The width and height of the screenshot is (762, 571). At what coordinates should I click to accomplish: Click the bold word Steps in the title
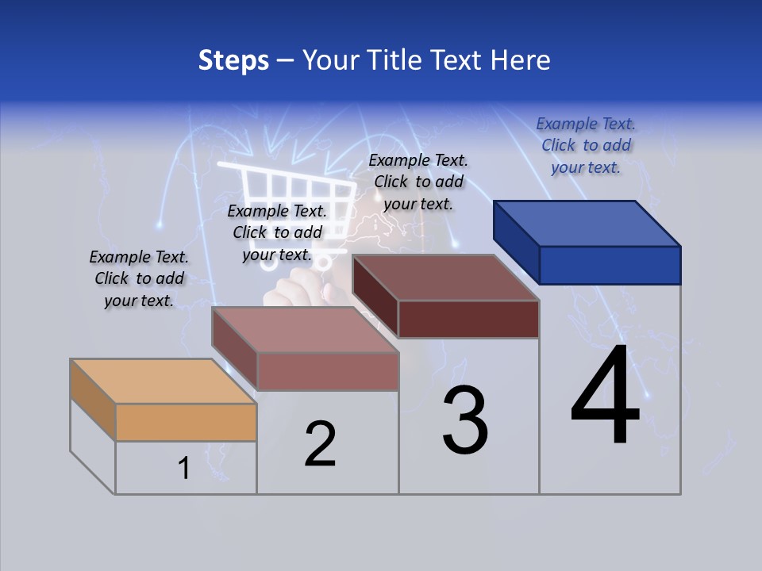pos(233,60)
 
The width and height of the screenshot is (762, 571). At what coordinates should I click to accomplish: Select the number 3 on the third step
pos(465,420)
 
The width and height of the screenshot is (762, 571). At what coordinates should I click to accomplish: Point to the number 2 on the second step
pos(320,444)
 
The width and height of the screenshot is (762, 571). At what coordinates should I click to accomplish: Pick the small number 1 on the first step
pos(184,469)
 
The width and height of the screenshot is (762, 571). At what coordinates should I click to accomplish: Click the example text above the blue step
pos(586,145)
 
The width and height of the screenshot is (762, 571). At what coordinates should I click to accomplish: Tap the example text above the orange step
pos(139,278)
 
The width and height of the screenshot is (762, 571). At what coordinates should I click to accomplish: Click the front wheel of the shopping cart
pos(323,262)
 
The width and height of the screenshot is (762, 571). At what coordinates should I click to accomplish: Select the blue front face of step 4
pos(610,265)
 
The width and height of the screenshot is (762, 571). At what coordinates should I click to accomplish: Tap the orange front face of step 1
pos(186,422)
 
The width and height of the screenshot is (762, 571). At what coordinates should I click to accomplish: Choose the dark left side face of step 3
pos(375,297)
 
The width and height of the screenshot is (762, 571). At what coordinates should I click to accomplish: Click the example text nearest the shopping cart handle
pos(277,232)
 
